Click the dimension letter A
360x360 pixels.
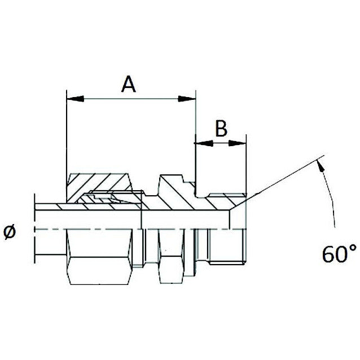tap(129, 85)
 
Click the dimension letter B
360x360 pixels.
tap(221, 129)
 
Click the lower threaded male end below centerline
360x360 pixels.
tap(223, 248)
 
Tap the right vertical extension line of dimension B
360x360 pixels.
tap(247, 164)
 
